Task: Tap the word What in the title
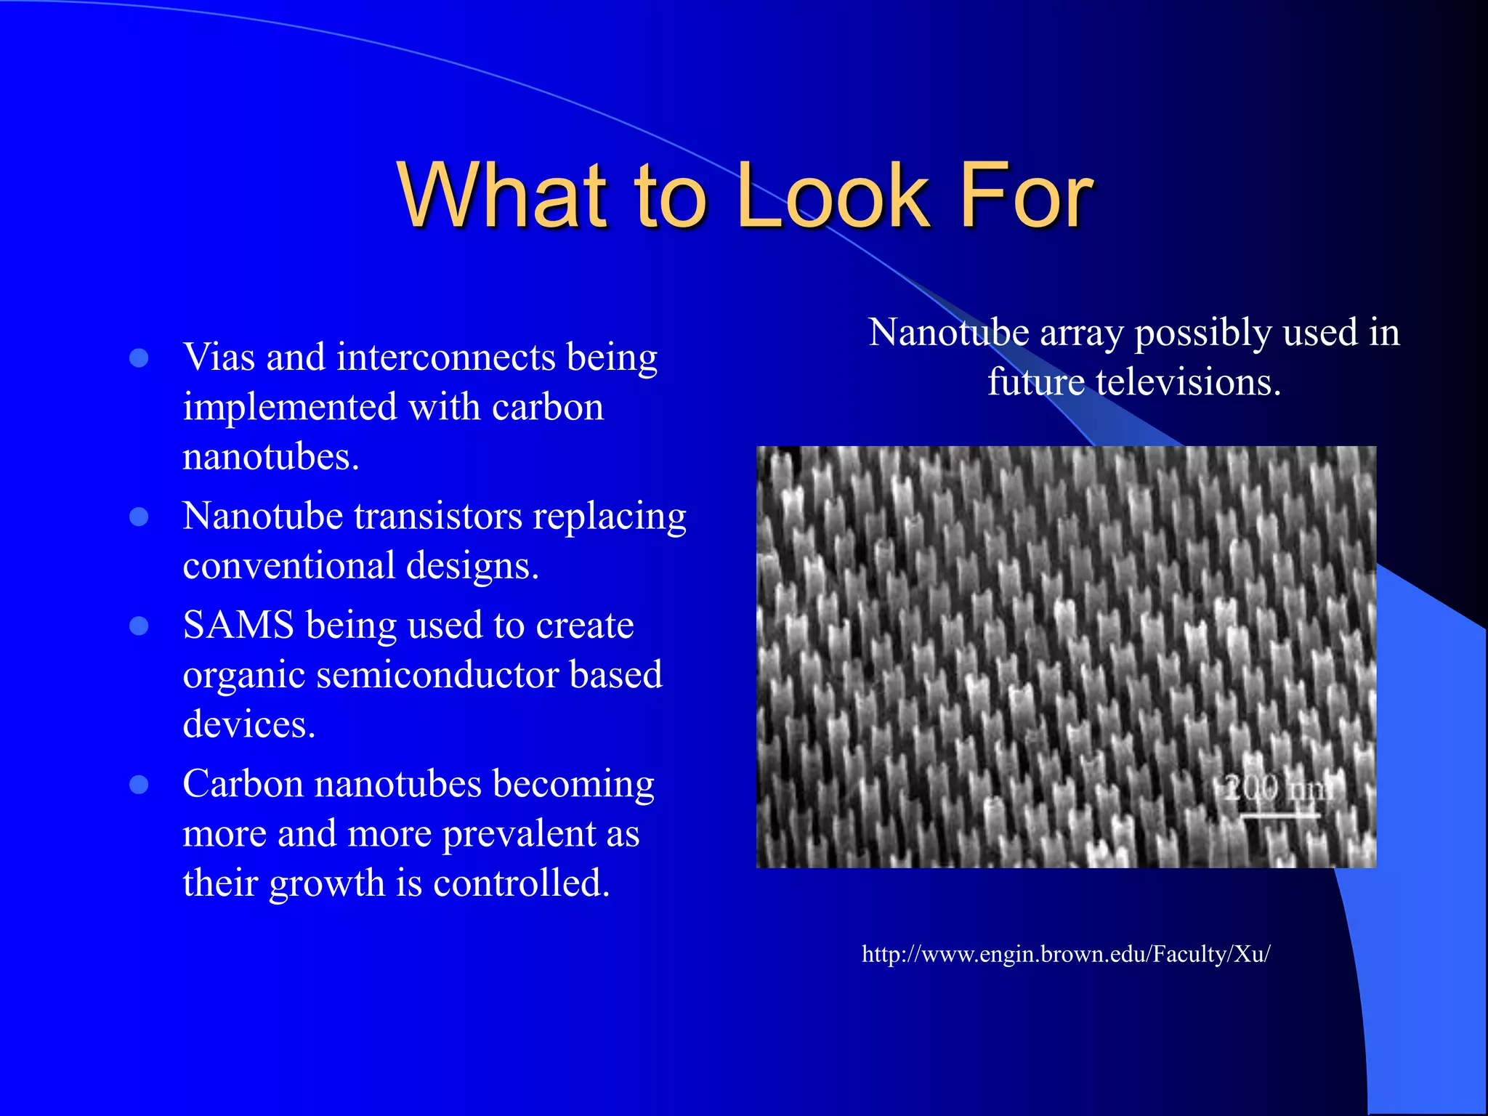(x=501, y=196)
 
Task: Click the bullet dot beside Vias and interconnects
(x=139, y=357)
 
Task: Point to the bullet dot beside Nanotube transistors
(x=139, y=517)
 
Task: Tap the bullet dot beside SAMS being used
(x=139, y=626)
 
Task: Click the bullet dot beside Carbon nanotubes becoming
(x=139, y=784)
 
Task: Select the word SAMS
(x=238, y=626)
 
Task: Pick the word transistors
(x=438, y=517)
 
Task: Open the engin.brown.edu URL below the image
(x=1065, y=954)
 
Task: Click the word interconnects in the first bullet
(x=446, y=357)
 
